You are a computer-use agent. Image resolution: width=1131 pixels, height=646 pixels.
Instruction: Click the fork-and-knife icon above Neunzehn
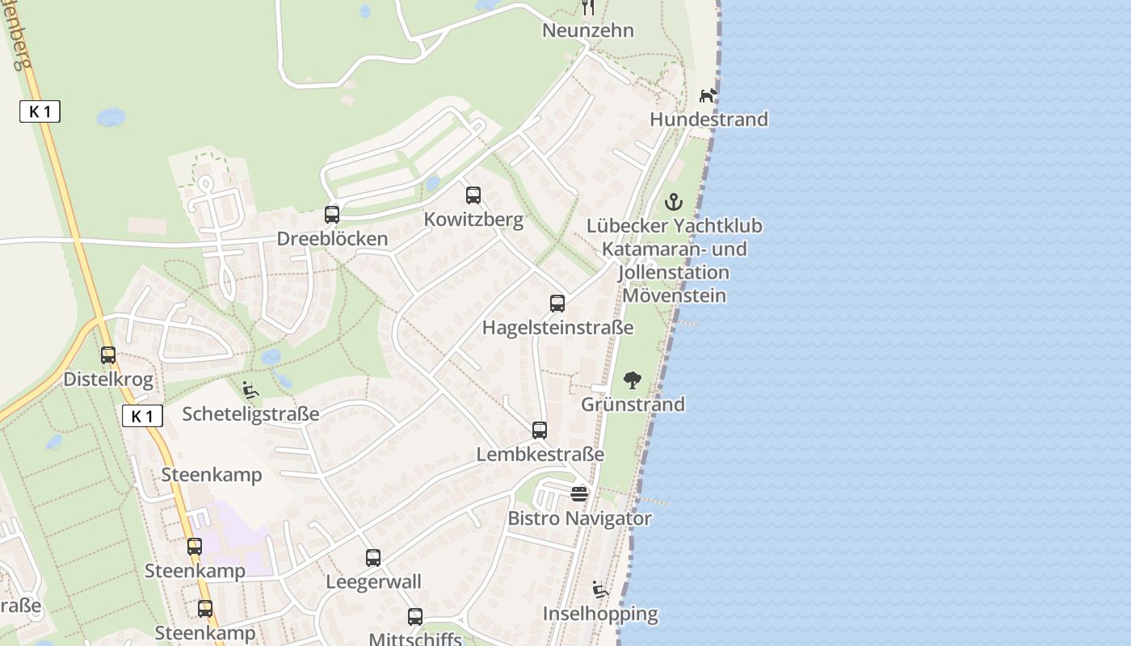(588, 7)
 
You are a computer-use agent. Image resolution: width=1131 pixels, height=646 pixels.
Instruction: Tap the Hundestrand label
(708, 120)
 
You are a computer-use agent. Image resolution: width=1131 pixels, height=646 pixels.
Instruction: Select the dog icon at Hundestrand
(708, 95)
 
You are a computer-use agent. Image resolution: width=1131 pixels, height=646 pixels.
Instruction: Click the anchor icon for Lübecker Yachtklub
(673, 202)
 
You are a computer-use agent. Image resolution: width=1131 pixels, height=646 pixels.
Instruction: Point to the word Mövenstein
(674, 296)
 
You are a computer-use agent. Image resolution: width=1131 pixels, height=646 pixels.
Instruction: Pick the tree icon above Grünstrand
(633, 380)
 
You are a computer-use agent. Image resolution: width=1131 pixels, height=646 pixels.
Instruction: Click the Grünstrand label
(633, 404)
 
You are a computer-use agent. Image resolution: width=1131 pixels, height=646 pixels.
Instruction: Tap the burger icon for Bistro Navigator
(579, 493)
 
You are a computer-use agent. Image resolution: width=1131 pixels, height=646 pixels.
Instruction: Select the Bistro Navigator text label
(579, 518)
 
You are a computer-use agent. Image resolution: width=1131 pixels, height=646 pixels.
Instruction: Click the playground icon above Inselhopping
(599, 589)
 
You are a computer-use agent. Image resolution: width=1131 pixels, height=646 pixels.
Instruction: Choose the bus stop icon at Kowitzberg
(473, 195)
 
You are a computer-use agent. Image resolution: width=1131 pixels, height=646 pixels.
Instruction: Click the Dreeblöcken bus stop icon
(332, 215)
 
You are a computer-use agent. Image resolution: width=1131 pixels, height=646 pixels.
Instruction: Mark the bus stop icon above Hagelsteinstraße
(557, 304)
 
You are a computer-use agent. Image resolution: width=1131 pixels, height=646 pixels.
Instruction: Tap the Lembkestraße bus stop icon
(540, 430)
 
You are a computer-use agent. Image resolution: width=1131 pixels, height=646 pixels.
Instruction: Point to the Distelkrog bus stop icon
(108, 355)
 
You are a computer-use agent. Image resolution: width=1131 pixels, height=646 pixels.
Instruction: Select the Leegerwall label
(373, 581)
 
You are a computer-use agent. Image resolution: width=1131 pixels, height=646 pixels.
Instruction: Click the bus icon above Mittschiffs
(415, 617)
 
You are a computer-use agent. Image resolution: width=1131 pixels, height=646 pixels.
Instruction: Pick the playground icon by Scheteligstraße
(250, 390)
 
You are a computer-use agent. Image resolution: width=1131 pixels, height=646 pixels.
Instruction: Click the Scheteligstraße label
(250, 414)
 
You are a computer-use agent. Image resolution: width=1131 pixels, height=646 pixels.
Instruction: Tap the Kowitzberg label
(473, 220)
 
